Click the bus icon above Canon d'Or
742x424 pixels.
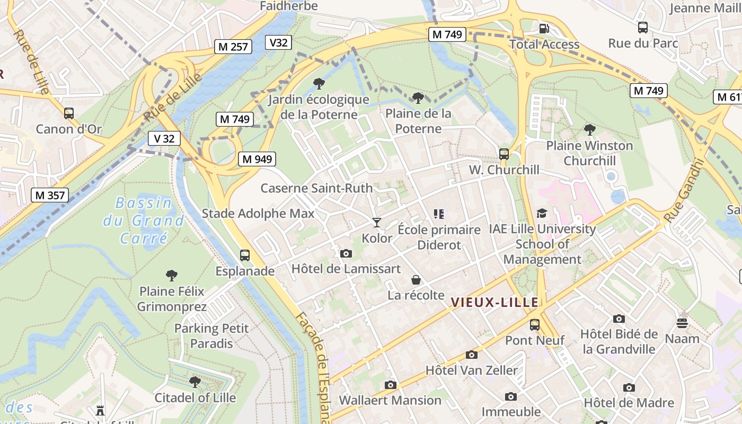coord(68,113)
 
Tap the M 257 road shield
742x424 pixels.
coord(233,47)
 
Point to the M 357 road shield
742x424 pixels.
coord(50,195)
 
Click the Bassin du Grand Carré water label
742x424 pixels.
coord(144,220)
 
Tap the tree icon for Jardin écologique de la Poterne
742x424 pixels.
coord(319,83)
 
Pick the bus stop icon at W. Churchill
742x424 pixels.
coord(503,154)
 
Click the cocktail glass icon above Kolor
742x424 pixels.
coord(376,223)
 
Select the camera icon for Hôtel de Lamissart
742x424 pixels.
coord(346,253)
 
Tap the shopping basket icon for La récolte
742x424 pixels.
coord(416,279)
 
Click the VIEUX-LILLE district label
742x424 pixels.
coord(494,303)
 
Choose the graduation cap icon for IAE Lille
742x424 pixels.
coord(541,213)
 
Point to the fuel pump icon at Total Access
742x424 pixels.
coord(544,29)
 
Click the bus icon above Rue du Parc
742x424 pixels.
coord(642,28)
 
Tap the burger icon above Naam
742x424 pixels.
coord(682,323)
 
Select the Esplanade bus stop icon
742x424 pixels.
coord(244,255)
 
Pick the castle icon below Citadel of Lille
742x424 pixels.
coord(100,410)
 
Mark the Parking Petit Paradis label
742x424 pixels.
coord(211,336)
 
